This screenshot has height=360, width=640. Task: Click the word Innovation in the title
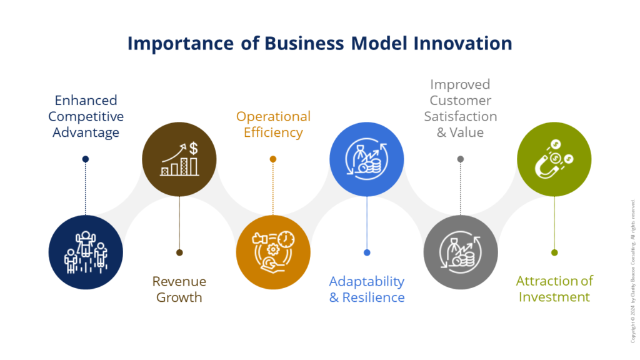(x=463, y=43)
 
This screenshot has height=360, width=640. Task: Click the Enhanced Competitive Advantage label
(x=86, y=116)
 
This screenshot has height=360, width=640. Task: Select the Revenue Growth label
(x=179, y=289)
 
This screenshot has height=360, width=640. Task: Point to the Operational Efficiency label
(x=273, y=124)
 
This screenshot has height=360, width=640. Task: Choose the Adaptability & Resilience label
(x=366, y=289)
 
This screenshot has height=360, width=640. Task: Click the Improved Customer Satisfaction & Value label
(x=461, y=108)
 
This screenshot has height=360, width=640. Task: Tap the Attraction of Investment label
(x=554, y=289)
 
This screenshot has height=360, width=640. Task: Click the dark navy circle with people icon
(x=86, y=252)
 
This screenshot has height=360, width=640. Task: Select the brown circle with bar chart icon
(x=179, y=159)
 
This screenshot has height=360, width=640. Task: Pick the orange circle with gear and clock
(x=273, y=252)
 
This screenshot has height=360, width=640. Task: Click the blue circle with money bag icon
(x=366, y=159)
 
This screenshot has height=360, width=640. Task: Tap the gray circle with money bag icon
(x=461, y=252)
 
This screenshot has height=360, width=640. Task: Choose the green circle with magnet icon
(x=554, y=159)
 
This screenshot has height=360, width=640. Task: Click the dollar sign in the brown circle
(x=194, y=149)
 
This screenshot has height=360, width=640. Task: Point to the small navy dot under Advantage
(x=85, y=159)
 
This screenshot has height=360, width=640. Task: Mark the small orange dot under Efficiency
(x=273, y=159)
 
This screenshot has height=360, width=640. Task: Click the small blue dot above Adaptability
(x=367, y=252)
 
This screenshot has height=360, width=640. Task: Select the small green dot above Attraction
(x=554, y=252)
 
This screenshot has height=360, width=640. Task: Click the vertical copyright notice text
(x=632, y=271)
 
